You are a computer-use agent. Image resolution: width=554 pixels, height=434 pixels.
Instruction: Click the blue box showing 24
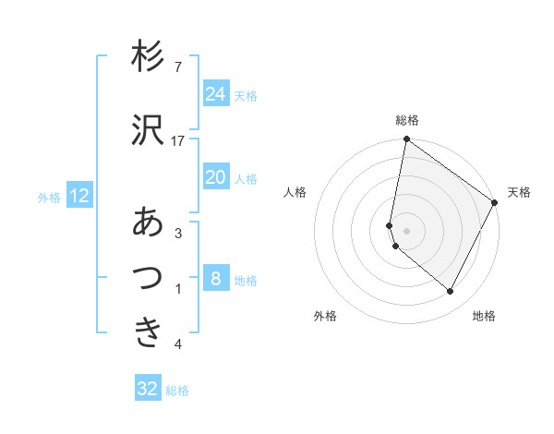pyautogui.click(x=215, y=94)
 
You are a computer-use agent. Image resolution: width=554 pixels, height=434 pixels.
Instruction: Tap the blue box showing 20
pyautogui.click(x=215, y=177)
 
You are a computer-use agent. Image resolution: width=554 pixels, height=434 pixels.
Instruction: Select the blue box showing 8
pyautogui.click(x=215, y=279)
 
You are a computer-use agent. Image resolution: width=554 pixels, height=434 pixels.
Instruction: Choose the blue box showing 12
pyautogui.click(x=78, y=196)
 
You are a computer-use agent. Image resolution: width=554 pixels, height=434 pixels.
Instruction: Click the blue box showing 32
pyautogui.click(x=148, y=389)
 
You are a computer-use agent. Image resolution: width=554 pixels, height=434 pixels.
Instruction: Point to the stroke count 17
pyautogui.click(x=178, y=140)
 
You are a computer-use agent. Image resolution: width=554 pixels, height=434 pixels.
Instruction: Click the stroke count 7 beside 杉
pyautogui.click(x=177, y=66)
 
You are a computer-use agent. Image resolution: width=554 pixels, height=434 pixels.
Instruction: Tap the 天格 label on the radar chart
pyautogui.click(x=519, y=192)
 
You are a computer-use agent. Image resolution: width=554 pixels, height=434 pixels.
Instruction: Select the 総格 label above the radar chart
pyautogui.click(x=407, y=120)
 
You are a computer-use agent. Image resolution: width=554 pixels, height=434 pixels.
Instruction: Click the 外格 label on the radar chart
pyautogui.click(x=325, y=316)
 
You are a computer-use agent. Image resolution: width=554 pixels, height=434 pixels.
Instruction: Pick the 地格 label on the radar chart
pyautogui.click(x=484, y=316)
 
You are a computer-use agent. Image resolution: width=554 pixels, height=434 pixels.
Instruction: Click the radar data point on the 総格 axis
pyautogui.click(x=406, y=139)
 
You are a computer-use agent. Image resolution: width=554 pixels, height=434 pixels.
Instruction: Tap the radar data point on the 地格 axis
pyautogui.click(x=450, y=292)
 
